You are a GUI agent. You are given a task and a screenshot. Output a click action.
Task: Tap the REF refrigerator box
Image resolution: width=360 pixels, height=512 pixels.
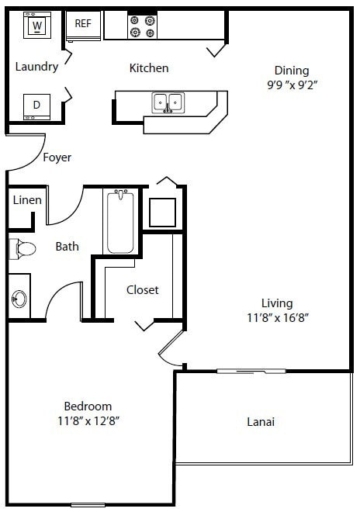coord(82,24)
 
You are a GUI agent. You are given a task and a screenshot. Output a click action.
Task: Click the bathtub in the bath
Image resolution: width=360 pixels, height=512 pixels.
coord(120,222)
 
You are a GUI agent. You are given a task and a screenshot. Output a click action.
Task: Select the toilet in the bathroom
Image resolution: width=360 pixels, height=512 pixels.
coord(22,249)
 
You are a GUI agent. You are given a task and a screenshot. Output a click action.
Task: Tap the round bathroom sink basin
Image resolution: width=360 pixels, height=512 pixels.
coord(19,299)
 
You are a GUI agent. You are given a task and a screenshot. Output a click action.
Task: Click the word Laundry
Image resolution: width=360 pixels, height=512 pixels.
coord(36,67)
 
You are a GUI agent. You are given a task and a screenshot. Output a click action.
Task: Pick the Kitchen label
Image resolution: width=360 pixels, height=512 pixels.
coord(148,68)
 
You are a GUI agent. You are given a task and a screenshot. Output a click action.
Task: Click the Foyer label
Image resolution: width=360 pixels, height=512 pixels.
coord(57,157)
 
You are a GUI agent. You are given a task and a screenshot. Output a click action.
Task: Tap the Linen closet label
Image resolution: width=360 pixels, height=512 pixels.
coord(27,200)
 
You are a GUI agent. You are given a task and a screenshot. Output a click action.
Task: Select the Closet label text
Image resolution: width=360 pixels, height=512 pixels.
coord(143,289)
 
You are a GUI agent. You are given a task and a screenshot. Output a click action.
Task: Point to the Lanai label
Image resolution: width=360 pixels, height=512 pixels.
coord(261,423)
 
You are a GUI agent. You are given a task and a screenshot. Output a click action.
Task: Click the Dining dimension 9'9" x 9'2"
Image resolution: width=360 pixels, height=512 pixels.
coord(292,85)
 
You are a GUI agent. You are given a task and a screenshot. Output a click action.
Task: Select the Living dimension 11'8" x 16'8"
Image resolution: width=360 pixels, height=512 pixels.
coord(276,318)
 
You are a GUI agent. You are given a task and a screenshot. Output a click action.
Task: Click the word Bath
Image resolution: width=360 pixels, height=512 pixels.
coord(67,247)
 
